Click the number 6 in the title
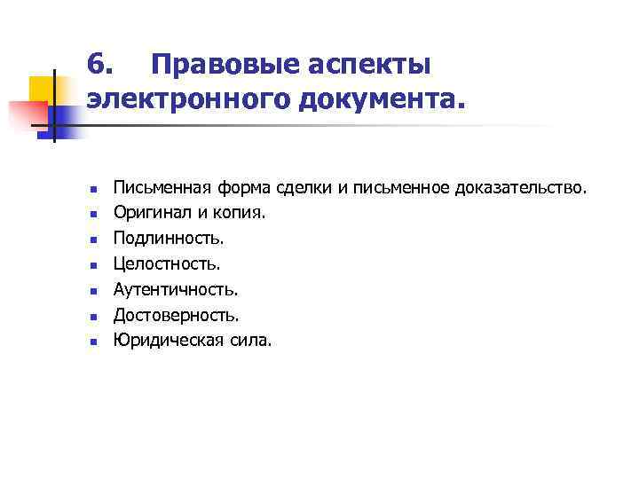tap(100, 65)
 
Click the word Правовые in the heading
tap(218, 65)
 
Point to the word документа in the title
tap(379, 99)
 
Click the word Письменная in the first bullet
tap(161, 188)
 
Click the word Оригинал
tap(147, 213)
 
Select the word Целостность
tap(166, 263)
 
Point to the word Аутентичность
tap(175, 289)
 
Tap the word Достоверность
tap(176, 314)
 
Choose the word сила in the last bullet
tap(250, 340)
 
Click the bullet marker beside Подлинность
tap(92, 239)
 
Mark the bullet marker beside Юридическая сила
tap(92, 341)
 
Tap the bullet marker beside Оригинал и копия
tap(92, 214)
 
